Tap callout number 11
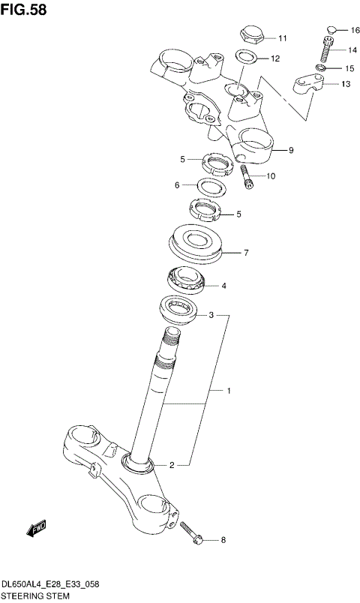point(282,38)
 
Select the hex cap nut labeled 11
point(250,34)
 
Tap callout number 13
point(345,84)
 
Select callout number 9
point(290,150)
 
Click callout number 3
point(211,316)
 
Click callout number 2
point(172,465)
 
